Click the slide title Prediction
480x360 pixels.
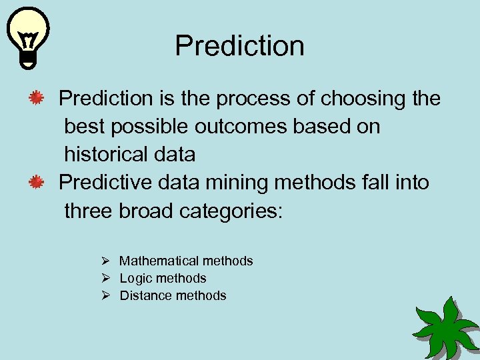[239, 46]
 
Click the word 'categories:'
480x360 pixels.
[231, 211]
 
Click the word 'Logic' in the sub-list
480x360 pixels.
[135, 278]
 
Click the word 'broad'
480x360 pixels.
[146, 211]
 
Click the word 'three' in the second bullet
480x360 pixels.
[89, 211]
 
